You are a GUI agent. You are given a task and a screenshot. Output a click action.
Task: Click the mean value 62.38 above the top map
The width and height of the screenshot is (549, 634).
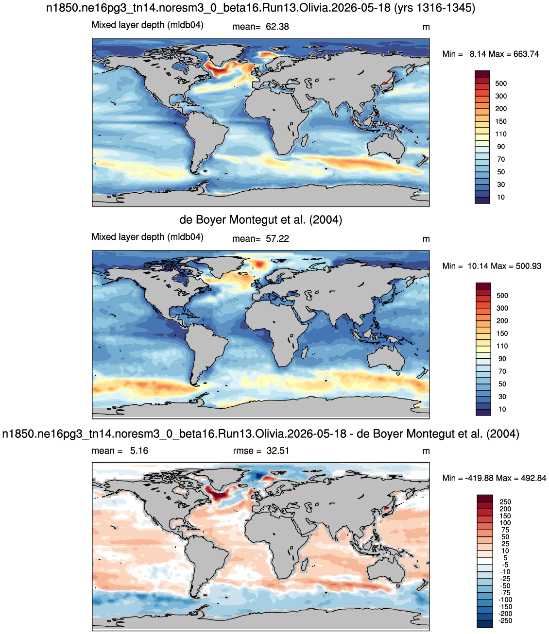point(277,27)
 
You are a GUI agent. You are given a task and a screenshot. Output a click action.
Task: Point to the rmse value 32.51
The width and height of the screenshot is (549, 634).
point(277,451)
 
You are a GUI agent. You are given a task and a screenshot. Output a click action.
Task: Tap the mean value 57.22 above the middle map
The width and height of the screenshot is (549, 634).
point(277,239)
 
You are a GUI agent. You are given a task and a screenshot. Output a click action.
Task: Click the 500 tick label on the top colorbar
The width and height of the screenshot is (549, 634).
point(501,83)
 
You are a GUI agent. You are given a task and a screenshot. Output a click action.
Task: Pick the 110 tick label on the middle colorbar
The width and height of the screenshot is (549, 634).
point(502,346)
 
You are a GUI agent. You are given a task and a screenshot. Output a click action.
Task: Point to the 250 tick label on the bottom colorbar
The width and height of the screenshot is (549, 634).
point(505,501)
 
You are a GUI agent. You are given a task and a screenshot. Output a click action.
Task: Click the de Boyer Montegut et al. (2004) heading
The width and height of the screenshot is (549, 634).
point(261,220)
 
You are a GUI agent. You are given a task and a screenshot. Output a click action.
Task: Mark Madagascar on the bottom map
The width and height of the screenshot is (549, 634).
point(305,567)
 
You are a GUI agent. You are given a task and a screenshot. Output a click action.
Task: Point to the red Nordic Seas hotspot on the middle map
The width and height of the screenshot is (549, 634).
point(260,264)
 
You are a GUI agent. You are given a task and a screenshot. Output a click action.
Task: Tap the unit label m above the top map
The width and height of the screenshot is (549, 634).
point(426,27)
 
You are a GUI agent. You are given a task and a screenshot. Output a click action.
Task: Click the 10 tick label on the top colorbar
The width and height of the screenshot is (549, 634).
point(501,197)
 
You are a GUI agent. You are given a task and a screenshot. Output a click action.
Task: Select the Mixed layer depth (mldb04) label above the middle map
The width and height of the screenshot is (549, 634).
point(147,237)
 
